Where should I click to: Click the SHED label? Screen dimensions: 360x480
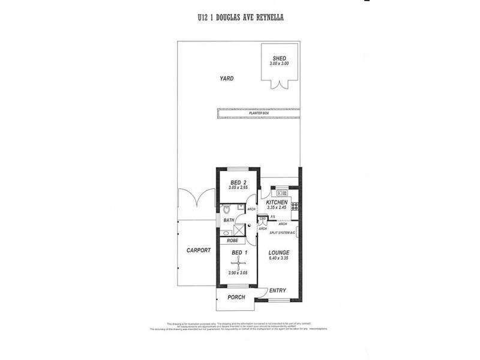(x=279, y=58)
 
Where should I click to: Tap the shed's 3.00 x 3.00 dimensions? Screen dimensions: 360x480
(x=279, y=64)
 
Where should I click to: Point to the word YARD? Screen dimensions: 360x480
(x=226, y=79)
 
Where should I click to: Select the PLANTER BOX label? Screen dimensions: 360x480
(x=258, y=113)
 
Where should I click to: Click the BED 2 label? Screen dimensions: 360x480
(x=238, y=182)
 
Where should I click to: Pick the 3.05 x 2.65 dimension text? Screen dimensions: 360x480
(x=238, y=188)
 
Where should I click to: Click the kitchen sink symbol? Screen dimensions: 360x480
(x=280, y=193)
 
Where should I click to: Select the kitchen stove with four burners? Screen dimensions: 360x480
(x=295, y=206)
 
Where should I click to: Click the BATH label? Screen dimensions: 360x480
(x=229, y=220)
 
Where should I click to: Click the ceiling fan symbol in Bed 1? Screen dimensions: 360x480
(x=238, y=261)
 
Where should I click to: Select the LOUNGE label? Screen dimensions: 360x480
(x=280, y=253)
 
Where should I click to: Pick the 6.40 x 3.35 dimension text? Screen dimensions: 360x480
(x=280, y=258)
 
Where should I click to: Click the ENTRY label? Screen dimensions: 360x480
(x=277, y=291)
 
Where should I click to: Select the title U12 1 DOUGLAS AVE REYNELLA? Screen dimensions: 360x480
(x=241, y=17)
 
